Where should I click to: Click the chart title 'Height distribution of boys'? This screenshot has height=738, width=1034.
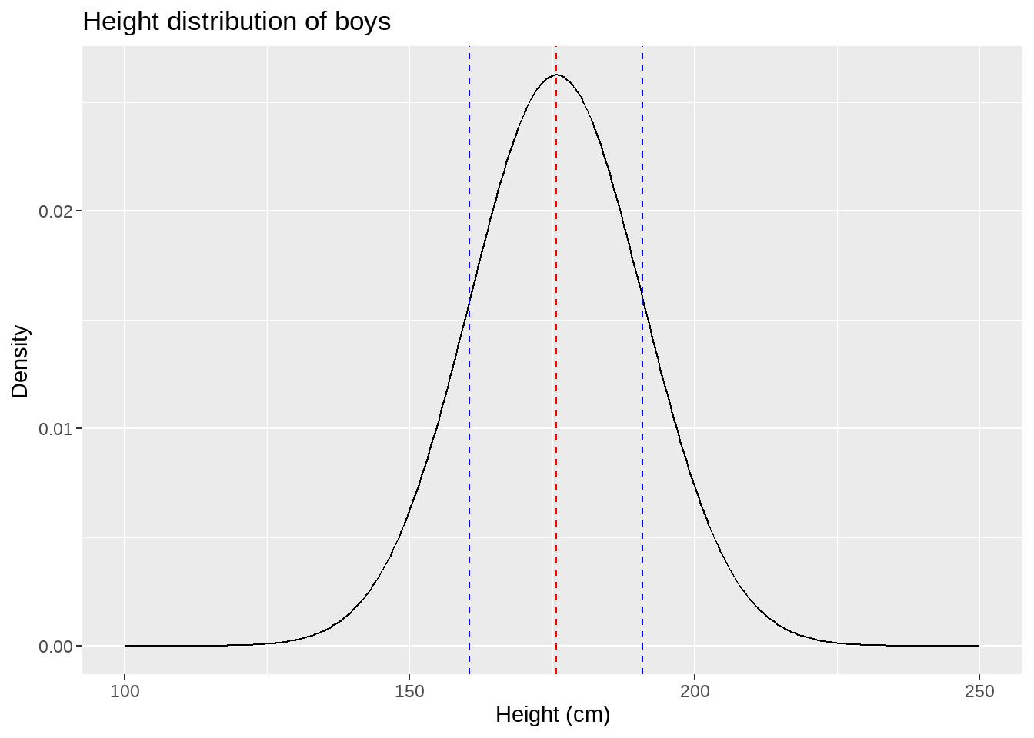tap(236, 22)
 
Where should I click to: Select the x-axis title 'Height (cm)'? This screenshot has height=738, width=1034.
tap(552, 715)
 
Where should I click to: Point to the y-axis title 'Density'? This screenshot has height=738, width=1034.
tap(20, 361)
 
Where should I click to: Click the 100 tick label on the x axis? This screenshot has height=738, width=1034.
tap(125, 692)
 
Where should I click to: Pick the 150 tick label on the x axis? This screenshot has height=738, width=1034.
tap(409, 692)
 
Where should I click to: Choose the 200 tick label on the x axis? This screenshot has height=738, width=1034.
tap(695, 692)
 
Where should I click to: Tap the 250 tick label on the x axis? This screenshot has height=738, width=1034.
tap(979, 692)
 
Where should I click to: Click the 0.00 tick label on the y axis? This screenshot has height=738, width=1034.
tap(55, 647)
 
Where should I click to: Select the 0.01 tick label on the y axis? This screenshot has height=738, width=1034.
tap(55, 429)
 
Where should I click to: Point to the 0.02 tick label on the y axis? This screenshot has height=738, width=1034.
tap(55, 211)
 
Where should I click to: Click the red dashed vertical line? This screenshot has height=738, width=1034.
tap(556, 384)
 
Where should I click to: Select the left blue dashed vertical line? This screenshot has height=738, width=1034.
tap(469, 461)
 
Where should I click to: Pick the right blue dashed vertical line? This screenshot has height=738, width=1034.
tap(642, 461)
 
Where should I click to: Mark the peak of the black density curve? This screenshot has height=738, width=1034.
tap(556, 75)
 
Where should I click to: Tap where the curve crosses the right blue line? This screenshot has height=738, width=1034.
tap(642, 295)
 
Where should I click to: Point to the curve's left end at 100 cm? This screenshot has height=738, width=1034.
tap(125, 646)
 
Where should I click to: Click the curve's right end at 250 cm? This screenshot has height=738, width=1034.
tap(979, 646)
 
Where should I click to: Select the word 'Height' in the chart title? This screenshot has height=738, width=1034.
tap(119, 22)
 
